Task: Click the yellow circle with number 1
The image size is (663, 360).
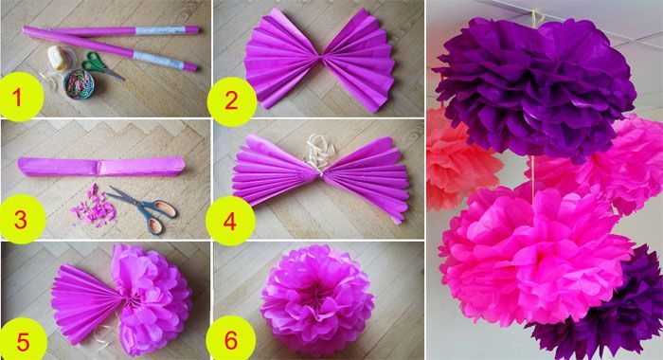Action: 21,96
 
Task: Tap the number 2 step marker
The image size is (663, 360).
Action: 232,101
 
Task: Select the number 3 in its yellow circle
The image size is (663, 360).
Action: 22,220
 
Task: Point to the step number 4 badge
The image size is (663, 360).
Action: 230,221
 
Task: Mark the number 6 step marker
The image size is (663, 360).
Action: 231,340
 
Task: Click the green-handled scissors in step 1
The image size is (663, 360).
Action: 101,65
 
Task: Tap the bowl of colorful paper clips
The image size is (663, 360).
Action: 80,84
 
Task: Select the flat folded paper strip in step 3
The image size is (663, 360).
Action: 101,167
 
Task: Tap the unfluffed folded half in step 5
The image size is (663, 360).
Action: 87,302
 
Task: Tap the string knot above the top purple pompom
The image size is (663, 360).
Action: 536,17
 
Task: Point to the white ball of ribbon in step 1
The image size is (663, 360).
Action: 59,58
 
